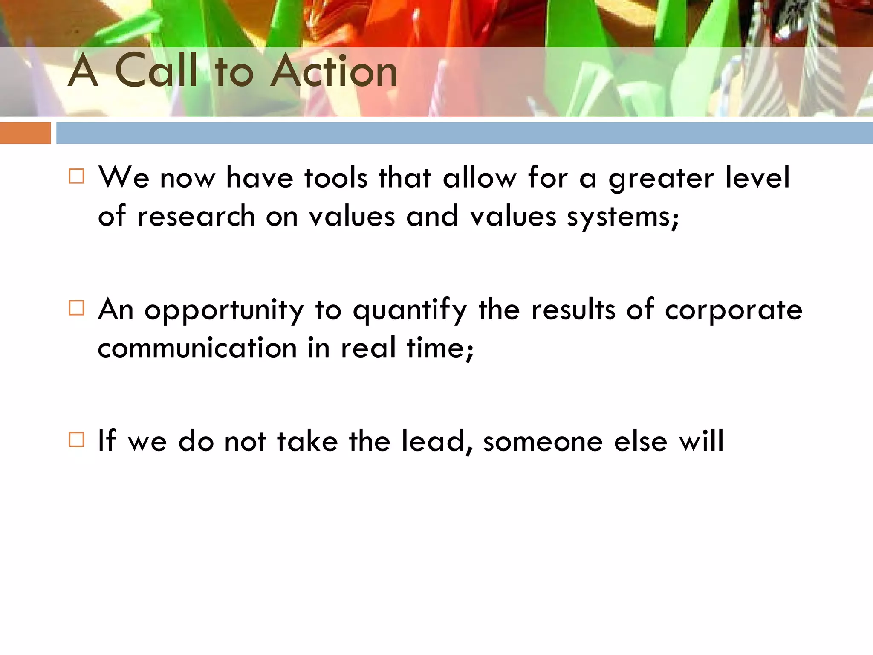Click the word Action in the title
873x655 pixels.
coord(334,71)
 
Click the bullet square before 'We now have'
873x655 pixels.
coord(76,176)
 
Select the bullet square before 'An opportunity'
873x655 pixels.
coord(76,307)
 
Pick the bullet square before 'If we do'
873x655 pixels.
coord(76,439)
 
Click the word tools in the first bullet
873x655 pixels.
coord(336,177)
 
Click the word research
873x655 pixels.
coord(196,216)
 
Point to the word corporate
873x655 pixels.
coord(734,310)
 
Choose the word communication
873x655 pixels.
coord(197,348)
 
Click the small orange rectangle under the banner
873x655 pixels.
coord(25,133)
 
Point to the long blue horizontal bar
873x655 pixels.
coord(464,133)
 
